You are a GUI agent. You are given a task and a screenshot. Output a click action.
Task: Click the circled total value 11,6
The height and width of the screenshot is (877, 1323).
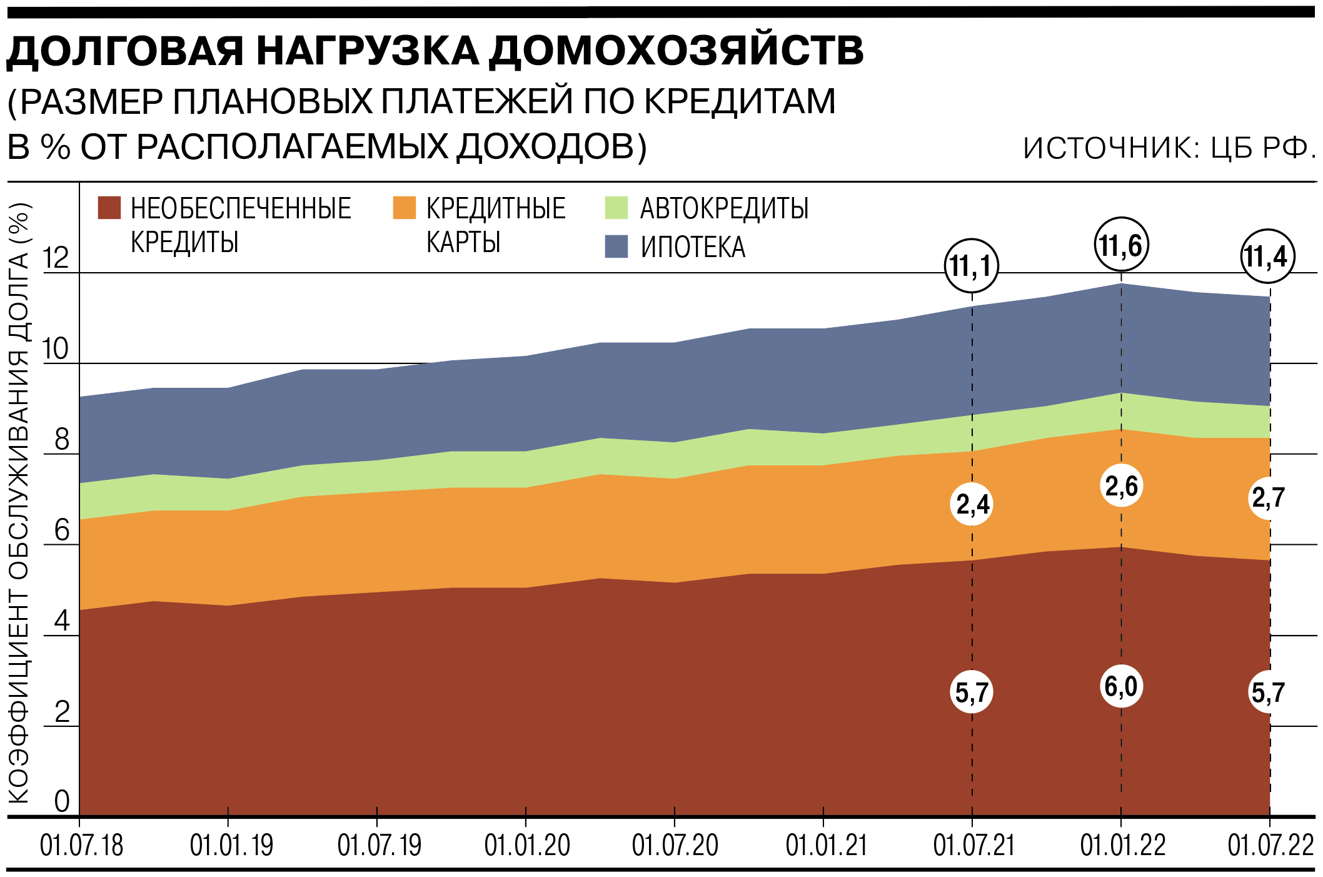click(x=1121, y=245)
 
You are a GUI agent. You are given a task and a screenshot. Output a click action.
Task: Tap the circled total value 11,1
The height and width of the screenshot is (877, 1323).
click(x=971, y=266)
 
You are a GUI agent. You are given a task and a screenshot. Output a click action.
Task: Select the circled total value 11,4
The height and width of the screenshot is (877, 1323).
click(x=1267, y=256)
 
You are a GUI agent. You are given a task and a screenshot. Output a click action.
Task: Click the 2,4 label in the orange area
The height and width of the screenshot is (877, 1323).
click(x=972, y=504)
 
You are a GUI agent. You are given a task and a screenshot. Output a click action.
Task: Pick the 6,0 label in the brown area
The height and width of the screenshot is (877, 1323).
click(x=1121, y=686)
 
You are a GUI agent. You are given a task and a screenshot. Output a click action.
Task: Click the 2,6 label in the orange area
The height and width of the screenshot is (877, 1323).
click(x=1121, y=485)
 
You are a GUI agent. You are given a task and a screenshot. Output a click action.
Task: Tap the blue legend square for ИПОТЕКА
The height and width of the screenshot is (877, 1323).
click(x=616, y=246)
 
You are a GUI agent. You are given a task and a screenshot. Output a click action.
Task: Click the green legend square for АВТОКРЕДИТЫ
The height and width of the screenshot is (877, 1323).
click(x=616, y=208)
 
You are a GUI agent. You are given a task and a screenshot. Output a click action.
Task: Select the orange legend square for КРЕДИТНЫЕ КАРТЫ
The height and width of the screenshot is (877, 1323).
click(x=404, y=208)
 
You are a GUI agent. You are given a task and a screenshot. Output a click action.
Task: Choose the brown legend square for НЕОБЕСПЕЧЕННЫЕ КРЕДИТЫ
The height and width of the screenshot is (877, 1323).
click(x=109, y=208)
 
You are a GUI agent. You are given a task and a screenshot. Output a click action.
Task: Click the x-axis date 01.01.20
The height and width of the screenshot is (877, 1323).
click(x=526, y=846)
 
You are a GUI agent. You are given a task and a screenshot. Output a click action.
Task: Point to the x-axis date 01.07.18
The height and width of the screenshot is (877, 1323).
click(x=81, y=846)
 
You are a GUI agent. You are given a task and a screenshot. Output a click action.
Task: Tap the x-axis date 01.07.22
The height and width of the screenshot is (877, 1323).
click(x=1270, y=846)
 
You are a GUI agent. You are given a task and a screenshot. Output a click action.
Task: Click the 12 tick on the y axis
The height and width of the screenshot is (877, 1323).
click(x=55, y=258)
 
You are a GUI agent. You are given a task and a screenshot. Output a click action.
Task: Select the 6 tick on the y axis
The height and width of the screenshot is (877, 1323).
click(x=61, y=531)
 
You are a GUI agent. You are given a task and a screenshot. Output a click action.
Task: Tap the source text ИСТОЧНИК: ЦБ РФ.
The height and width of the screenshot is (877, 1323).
click(x=1169, y=148)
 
